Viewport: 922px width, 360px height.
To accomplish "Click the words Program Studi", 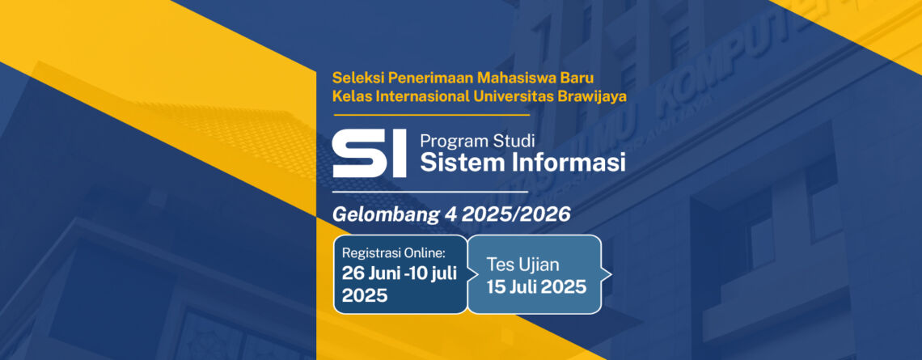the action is pos(477,142).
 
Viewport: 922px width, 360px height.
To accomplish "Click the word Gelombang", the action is pos(385,215).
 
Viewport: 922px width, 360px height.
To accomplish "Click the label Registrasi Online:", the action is pos(394,253).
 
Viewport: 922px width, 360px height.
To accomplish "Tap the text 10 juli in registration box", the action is pos(436,273).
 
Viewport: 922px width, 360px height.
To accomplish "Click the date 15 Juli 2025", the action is pos(536,287).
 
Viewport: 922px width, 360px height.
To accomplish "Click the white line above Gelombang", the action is pos(429,192).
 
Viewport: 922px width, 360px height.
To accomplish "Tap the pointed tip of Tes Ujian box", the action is pos(611,274).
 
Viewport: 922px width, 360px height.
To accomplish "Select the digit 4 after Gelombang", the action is pos(449,214).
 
